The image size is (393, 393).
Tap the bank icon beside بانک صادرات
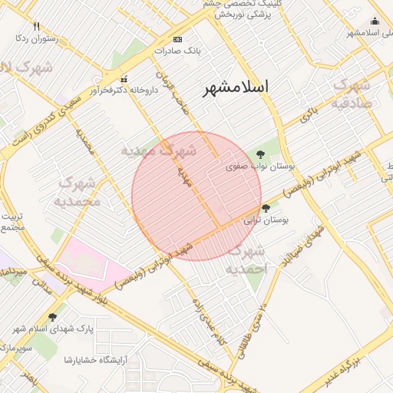[178, 39]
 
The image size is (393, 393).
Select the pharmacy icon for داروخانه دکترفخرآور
[124, 79]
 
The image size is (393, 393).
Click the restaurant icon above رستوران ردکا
[37, 26]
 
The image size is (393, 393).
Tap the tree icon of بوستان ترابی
[266, 208]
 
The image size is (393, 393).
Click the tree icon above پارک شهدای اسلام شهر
[52, 317]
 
